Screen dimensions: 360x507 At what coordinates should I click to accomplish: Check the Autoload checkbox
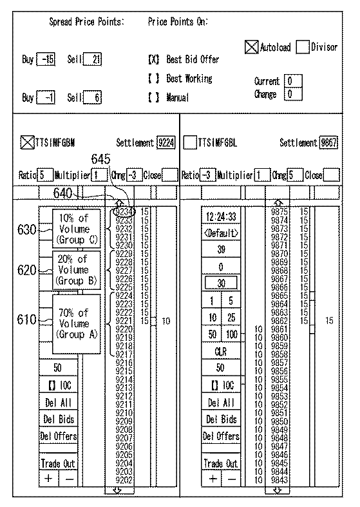coord(252,47)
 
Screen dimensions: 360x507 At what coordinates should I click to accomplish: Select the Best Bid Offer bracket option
coord(153,60)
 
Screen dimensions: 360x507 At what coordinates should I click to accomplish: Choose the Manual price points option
coord(153,98)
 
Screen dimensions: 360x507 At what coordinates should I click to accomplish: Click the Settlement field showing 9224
coord(166,143)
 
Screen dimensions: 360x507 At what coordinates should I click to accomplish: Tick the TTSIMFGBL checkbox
coord(189,143)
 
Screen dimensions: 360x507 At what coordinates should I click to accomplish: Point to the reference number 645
coord(100,158)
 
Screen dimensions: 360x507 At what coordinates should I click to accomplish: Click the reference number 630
coord(26,229)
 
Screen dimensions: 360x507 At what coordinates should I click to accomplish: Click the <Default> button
coord(221,233)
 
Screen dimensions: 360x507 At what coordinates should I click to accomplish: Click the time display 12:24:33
coord(221,216)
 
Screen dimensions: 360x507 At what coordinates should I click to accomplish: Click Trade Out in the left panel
coord(58,463)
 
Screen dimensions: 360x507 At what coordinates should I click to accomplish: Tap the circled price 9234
coord(124,211)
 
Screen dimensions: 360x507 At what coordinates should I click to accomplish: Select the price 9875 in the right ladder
coord(279,211)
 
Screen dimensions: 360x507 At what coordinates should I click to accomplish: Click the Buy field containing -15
coord(46,60)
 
